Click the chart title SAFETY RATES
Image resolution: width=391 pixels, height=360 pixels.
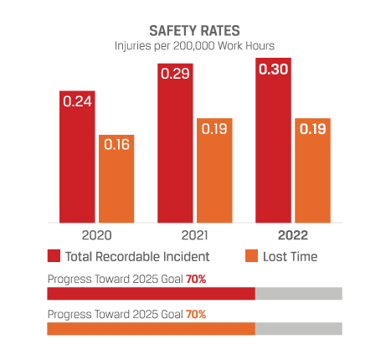click(x=194, y=30)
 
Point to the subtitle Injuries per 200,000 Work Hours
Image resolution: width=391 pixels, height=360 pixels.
click(x=194, y=46)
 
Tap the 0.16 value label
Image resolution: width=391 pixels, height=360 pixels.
click(x=116, y=145)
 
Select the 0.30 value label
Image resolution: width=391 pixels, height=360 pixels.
click(x=273, y=68)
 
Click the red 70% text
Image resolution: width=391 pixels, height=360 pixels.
click(x=196, y=278)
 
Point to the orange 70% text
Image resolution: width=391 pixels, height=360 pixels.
click(x=196, y=314)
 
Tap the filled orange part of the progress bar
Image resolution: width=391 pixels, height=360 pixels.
click(x=151, y=329)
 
